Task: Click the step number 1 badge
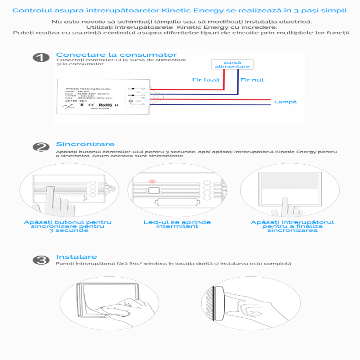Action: (x=41, y=58)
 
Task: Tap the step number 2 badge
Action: (x=41, y=147)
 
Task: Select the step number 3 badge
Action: (x=41, y=260)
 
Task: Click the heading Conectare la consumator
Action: (x=116, y=54)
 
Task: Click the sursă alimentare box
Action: (x=232, y=64)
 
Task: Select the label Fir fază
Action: (x=205, y=80)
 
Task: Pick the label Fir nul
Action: (x=252, y=80)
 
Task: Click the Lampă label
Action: (x=286, y=102)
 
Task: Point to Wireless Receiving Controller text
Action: (x=88, y=89)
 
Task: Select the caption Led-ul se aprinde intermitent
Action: (x=177, y=224)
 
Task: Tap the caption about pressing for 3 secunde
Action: (x=67, y=226)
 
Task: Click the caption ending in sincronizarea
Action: (x=292, y=226)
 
